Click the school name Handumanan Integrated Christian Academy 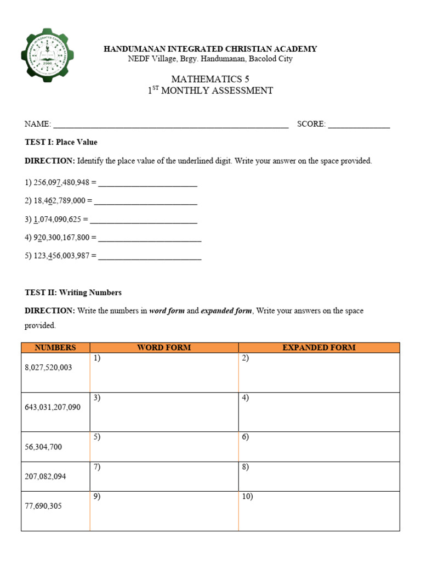210,49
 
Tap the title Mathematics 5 210,80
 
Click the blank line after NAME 170,125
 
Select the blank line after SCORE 359,125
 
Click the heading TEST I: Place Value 61,142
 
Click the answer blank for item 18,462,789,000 146,201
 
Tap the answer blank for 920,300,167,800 150,238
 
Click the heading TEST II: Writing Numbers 73,293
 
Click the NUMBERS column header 55,347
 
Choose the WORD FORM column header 164,347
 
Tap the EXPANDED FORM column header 318,347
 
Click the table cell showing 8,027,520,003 55,373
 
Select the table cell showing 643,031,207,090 55,412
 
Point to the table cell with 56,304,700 55,447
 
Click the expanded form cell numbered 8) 318,476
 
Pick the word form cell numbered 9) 164,511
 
